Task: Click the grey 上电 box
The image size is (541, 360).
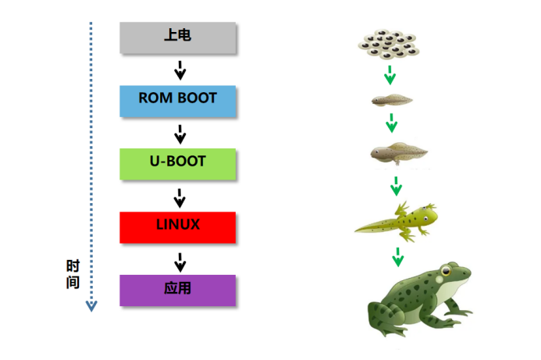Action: (x=178, y=37)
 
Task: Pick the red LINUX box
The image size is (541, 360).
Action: (x=178, y=226)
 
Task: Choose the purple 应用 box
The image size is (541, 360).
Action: (x=178, y=290)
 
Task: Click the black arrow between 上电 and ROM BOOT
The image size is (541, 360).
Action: (x=180, y=70)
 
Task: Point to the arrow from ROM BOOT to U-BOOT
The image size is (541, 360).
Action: (x=180, y=134)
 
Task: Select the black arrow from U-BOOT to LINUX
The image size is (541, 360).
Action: (x=180, y=197)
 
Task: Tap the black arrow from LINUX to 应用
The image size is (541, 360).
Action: (x=180, y=260)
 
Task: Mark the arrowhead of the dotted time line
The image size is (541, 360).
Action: (x=91, y=305)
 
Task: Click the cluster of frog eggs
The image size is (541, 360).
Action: (x=390, y=45)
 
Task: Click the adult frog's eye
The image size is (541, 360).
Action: (x=445, y=274)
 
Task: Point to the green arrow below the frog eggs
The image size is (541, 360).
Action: (x=390, y=74)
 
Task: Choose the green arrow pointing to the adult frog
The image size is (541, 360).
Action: (x=397, y=255)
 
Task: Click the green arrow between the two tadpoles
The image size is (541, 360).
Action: (x=393, y=123)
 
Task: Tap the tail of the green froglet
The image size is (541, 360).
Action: (x=372, y=227)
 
